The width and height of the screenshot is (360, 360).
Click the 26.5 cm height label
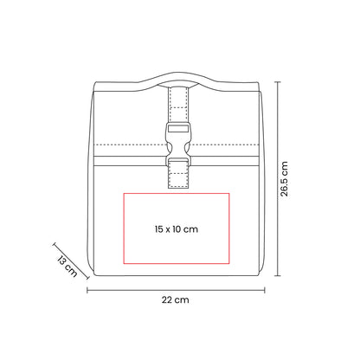(x=285, y=179)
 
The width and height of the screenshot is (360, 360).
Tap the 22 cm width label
(x=176, y=300)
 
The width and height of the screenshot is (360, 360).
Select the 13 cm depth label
(x=67, y=266)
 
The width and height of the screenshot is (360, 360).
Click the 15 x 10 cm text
(x=177, y=229)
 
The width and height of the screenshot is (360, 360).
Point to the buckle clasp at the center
(x=178, y=144)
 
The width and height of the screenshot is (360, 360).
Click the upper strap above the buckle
(x=178, y=105)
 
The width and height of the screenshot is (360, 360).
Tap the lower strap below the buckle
(x=178, y=173)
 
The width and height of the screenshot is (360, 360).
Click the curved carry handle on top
(x=177, y=80)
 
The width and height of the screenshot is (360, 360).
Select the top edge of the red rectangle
(x=177, y=194)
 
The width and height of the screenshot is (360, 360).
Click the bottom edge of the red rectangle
(x=177, y=263)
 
